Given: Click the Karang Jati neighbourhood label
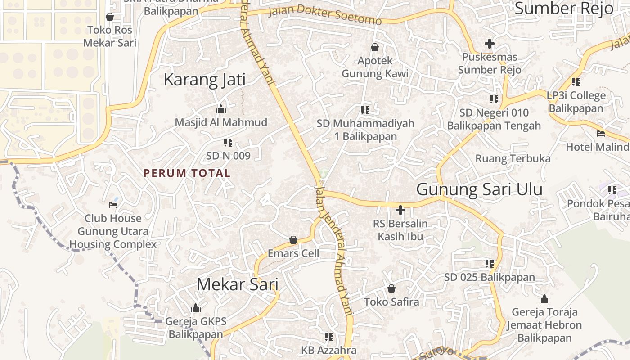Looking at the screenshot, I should (205, 80).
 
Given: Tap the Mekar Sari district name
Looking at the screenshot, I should (237, 284).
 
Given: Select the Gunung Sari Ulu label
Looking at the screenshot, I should (479, 189).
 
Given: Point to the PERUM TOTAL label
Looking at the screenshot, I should (187, 173).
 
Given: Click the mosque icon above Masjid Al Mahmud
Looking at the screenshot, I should (220, 109).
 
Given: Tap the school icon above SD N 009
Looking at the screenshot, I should (228, 143).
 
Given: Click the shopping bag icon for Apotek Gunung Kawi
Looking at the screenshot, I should (375, 47).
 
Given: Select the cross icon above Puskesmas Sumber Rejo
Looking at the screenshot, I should (490, 44).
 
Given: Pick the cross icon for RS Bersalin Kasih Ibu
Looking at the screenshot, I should (400, 210).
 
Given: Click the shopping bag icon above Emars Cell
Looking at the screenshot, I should (293, 240).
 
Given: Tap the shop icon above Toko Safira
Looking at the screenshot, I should (391, 288).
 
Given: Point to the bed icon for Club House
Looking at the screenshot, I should (113, 205).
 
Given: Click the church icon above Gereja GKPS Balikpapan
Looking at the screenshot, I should (196, 308).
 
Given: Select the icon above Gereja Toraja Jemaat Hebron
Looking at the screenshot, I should (544, 299).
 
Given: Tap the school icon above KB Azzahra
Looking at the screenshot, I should (329, 337).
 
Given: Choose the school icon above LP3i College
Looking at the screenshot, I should (576, 82).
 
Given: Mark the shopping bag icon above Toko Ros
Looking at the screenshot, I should (109, 17).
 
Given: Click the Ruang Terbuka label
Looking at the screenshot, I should (513, 158).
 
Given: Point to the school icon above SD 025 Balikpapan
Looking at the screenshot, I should (489, 264).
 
